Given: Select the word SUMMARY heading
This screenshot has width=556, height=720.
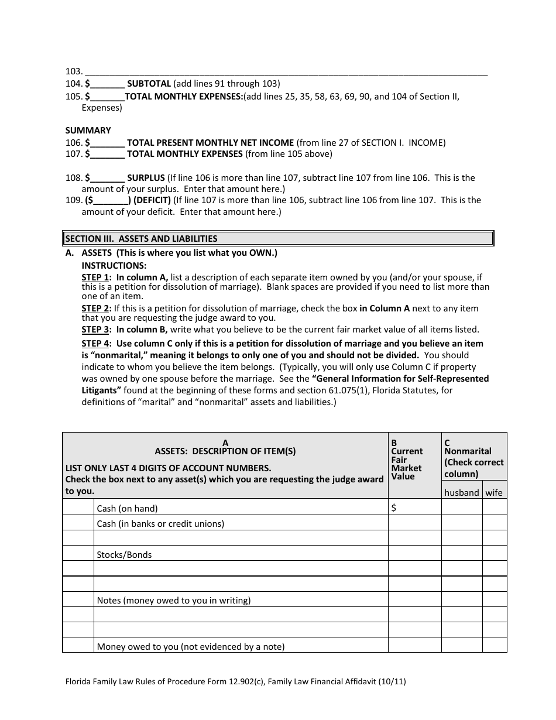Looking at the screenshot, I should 88,131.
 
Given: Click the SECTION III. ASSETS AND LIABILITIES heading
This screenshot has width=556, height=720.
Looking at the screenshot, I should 141,238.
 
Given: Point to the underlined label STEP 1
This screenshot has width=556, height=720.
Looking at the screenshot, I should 95,277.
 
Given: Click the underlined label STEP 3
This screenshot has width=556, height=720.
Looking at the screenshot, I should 95,330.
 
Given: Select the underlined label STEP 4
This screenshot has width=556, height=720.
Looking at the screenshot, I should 95,344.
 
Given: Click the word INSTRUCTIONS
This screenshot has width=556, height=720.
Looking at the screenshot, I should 114,265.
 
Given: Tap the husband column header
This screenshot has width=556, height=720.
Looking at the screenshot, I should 461,493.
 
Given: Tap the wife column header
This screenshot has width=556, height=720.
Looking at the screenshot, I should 494,493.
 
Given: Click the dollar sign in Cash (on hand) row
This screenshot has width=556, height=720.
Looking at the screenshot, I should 394,508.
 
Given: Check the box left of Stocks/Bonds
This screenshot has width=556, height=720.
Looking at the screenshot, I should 78,553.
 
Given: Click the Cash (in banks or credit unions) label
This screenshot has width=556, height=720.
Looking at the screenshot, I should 160,524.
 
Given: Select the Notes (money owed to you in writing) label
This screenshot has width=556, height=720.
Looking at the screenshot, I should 173,600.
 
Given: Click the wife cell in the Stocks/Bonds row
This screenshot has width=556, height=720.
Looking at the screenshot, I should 495,553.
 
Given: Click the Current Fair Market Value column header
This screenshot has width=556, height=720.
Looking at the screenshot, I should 407,464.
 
